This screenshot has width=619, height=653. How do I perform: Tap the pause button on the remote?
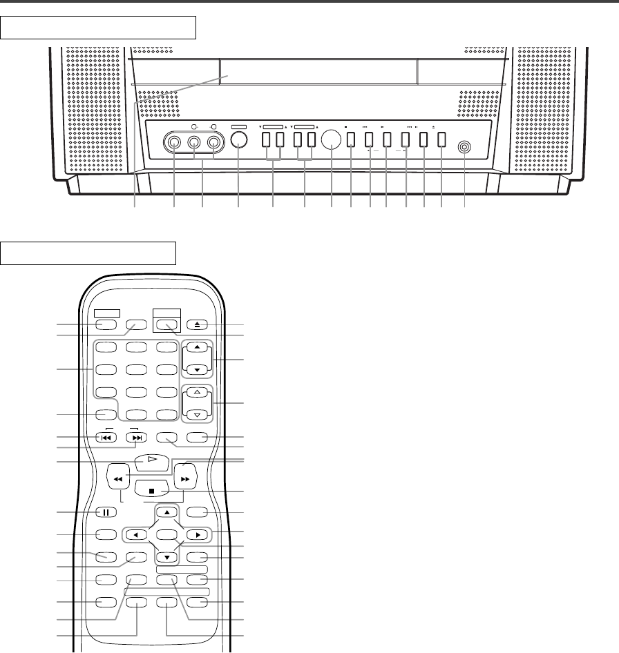tap(105, 512)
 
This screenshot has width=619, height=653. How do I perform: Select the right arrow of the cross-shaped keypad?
tap(196, 534)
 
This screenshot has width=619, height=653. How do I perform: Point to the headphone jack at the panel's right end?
tap(464, 147)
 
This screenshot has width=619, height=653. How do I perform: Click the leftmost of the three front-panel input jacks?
tap(173, 143)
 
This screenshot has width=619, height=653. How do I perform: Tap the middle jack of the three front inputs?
tap(194, 143)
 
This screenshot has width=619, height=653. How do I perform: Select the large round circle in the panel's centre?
tap(332, 140)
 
